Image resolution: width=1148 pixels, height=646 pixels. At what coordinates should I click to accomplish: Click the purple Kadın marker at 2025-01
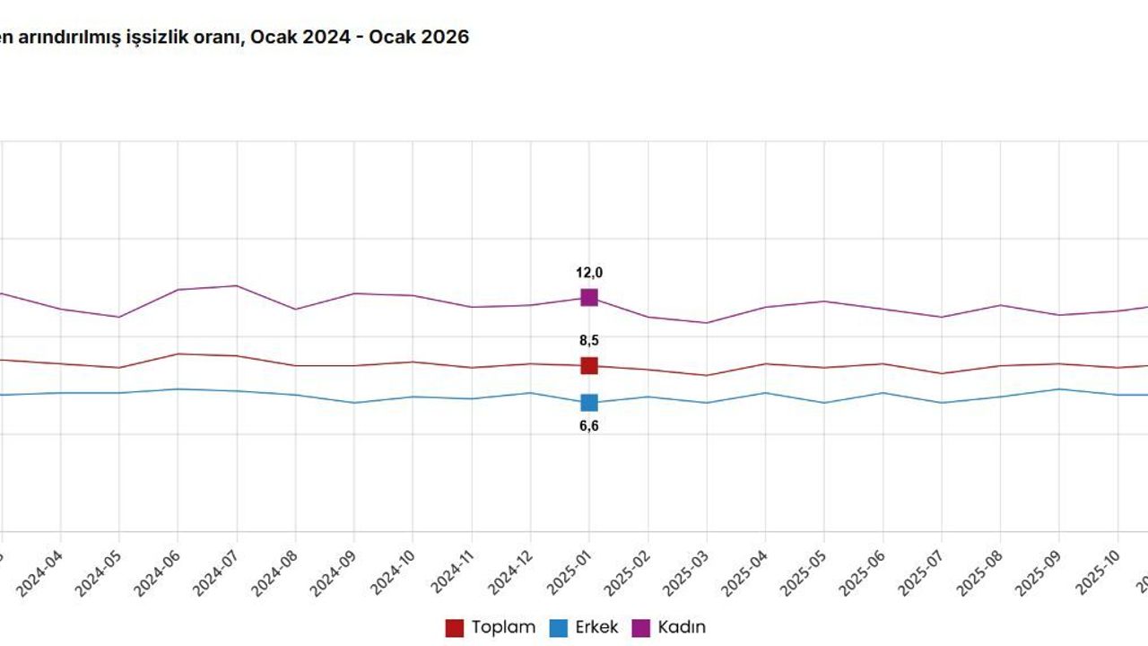tap(588, 297)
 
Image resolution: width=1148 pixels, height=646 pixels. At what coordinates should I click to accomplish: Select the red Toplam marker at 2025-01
tap(588, 365)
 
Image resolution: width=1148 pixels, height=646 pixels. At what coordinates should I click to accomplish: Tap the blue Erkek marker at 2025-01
tap(588, 403)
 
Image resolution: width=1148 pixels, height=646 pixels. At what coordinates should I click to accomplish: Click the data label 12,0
tap(588, 273)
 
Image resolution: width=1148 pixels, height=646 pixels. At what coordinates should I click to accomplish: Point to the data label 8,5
tap(588, 341)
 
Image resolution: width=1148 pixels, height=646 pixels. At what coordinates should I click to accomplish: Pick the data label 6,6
tap(588, 426)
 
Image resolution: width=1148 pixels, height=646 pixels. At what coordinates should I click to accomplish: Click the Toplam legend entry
tap(491, 627)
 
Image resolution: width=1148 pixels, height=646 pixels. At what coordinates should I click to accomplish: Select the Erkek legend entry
tap(584, 627)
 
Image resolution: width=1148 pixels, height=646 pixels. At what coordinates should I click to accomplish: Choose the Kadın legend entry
tap(670, 627)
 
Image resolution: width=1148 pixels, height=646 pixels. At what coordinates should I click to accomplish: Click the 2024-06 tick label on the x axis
tap(159, 573)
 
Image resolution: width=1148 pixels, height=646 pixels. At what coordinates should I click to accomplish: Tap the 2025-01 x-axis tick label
tap(570, 573)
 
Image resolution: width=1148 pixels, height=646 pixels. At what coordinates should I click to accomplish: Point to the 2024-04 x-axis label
tap(41, 573)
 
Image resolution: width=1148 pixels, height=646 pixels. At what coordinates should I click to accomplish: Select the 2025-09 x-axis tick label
tap(1040, 573)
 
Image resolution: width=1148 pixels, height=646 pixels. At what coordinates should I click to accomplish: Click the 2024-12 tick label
tap(511, 573)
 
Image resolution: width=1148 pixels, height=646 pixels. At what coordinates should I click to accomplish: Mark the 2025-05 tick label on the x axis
tap(805, 573)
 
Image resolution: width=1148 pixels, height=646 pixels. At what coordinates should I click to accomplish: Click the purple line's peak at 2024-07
tap(237, 285)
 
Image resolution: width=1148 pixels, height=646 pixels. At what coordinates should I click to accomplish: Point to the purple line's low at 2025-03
tap(707, 323)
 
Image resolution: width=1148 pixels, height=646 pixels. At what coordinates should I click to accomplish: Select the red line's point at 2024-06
tap(178, 354)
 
